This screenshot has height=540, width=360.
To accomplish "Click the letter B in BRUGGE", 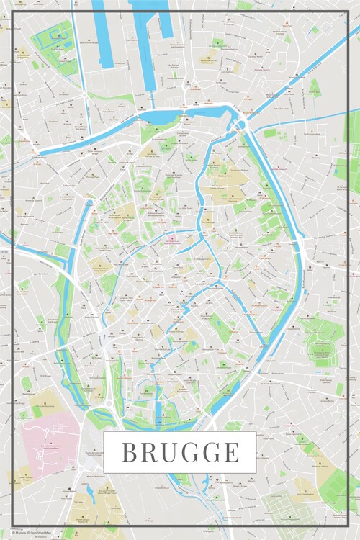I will click(x=130, y=452).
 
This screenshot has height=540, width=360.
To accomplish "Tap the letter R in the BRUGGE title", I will click(x=149, y=452).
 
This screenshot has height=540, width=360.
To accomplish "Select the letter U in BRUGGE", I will click(x=168, y=452).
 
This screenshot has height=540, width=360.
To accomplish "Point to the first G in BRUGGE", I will click(x=189, y=452).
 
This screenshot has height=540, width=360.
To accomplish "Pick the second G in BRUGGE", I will click(x=211, y=452).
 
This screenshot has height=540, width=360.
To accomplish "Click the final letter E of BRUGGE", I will click(x=230, y=452).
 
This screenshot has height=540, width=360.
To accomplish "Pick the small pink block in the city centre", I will click(x=172, y=240).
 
